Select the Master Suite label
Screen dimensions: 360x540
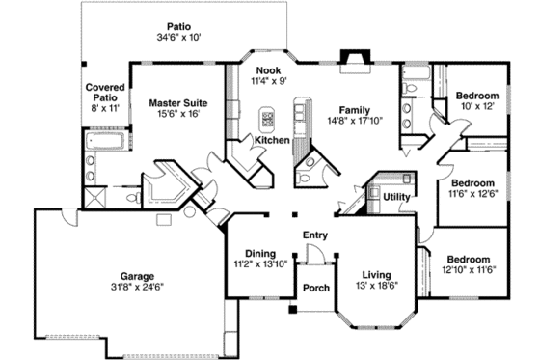point(175,100)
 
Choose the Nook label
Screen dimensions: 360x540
point(269,70)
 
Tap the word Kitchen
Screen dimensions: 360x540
point(272,141)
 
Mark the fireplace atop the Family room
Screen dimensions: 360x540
point(355,57)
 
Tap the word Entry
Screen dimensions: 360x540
point(315,235)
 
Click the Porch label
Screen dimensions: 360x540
point(315,288)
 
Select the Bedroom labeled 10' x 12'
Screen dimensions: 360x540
point(476,96)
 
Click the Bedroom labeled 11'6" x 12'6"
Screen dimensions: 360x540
point(473,182)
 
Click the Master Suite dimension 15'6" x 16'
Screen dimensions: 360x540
point(175,113)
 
